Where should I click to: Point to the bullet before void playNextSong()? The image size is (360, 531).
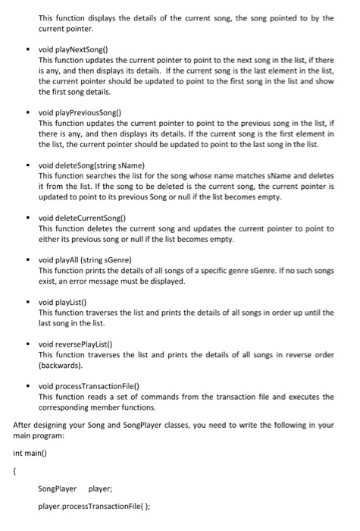(28, 48)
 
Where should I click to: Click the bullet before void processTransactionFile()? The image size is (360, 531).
(28, 385)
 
